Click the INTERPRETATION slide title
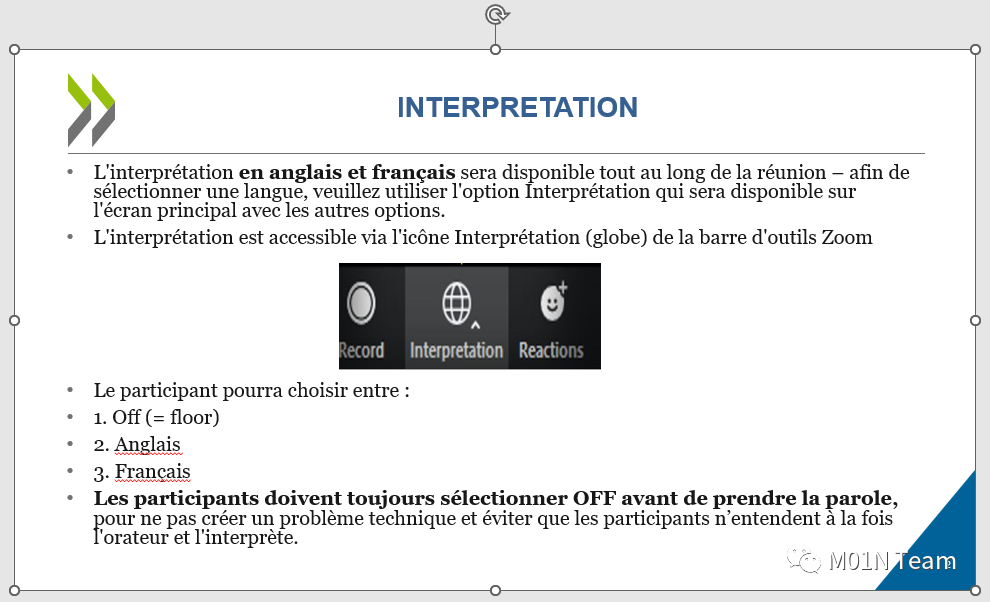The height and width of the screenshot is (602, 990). (x=517, y=107)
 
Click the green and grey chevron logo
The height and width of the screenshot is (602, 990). (x=92, y=110)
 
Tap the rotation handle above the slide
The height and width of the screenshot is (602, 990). (x=497, y=14)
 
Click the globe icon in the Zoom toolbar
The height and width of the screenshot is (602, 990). (x=456, y=303)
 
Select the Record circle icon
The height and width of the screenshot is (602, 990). (x=361, y=303)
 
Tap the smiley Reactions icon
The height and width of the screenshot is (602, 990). (x=553, y=302)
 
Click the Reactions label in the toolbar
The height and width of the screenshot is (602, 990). (x=551, y=350)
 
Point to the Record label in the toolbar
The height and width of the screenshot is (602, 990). (x=361, y=350)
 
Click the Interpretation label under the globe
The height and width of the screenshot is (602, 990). (x=456, y=350)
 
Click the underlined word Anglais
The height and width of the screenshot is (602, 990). (x=148, y=444)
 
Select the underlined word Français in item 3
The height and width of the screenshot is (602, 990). (x=152, y=471)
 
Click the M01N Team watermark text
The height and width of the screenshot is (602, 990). (x=892, y=561)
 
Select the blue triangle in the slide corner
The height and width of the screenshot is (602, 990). (x=940, y=550)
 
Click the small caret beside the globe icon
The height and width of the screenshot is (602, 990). (x=475, y=325)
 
